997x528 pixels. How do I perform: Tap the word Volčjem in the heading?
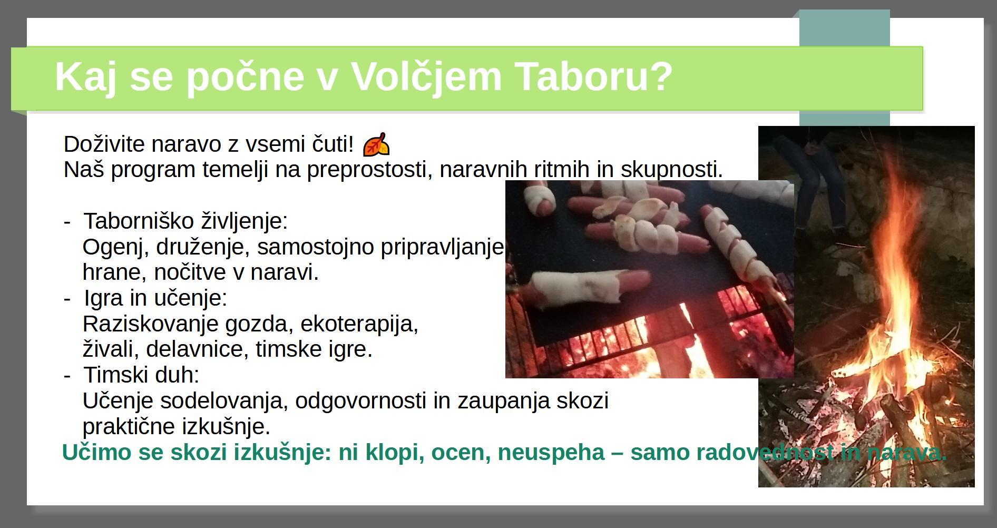point(426,77)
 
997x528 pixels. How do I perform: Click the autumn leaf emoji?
point(376,144)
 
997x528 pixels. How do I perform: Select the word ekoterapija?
point(359,324)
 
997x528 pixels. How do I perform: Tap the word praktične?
point(129,426)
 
